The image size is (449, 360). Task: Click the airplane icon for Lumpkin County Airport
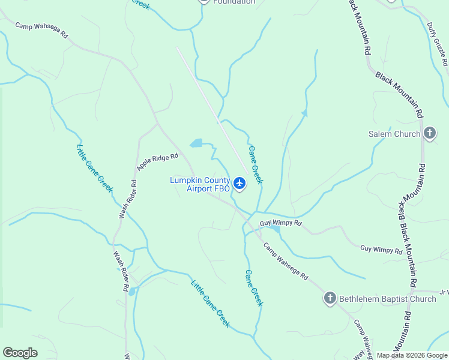pos(240,183)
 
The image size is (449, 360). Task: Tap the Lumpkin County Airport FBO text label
pos(200,184)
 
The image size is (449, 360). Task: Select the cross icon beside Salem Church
pos(429,133)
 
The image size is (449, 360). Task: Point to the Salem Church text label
pos(394,134)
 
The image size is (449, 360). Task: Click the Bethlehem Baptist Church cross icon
pos(330,298)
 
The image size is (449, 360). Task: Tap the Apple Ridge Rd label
pos(157,162)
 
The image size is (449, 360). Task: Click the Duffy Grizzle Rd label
pos(437,44)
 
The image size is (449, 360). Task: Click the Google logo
pos(20,353)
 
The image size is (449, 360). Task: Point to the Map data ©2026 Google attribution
pos(412,355)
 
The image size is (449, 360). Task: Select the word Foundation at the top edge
pos(234,2)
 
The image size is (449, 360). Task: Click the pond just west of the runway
pos(196,143)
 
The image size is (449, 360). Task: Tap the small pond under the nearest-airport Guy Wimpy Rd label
pos(274,229)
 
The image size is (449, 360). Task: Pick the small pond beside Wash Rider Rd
pos(131,292)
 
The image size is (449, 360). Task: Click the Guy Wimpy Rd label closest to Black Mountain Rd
pos(381,249)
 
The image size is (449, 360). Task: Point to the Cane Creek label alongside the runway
pos(256,165)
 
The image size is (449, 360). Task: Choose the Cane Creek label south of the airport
pos(253,288)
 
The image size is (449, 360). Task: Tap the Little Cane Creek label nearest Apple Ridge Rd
pos(95,167)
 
